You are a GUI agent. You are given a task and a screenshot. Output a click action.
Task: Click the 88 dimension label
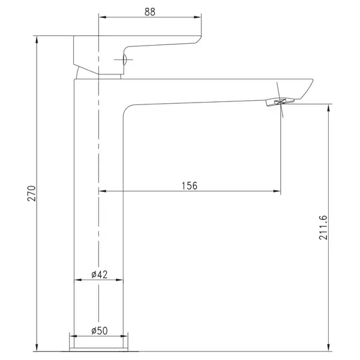150,12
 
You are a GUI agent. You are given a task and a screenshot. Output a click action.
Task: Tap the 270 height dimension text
32,194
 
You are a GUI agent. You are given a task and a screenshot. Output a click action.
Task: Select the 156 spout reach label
190,186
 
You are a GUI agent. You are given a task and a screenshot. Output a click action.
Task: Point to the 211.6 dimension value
323,227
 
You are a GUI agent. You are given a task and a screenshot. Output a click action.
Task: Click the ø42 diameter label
100,274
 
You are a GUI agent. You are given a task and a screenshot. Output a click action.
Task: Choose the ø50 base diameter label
100,331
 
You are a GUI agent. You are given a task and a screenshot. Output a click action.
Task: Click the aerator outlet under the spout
280,102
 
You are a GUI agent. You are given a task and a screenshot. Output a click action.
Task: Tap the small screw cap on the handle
125,59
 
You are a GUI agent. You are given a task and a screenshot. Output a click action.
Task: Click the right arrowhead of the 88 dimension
197,17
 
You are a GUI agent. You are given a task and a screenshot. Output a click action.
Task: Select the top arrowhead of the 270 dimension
37,40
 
